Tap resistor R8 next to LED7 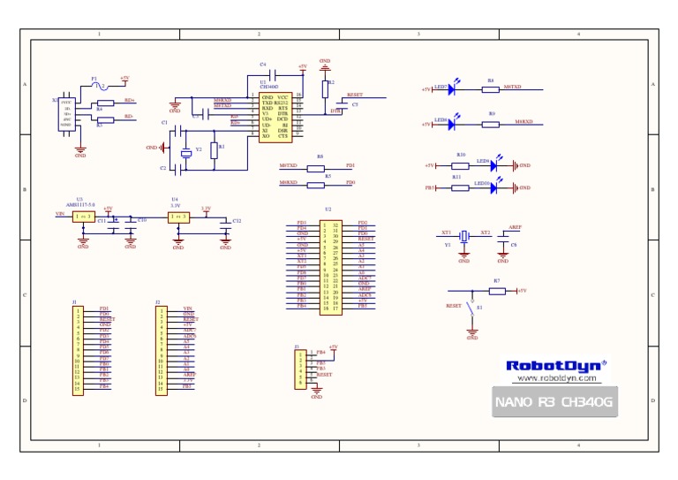point(490,88)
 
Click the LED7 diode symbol point(452,88)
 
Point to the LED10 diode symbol point(493,187)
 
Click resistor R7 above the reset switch point(497,290)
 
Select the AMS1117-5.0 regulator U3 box point(83,216)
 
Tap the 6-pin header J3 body point(301,369)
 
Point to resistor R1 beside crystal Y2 point(214,150)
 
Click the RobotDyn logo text point(555,365)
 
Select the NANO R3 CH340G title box point(554,402)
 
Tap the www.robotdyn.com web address point(555,378)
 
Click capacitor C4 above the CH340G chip point(275,73)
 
